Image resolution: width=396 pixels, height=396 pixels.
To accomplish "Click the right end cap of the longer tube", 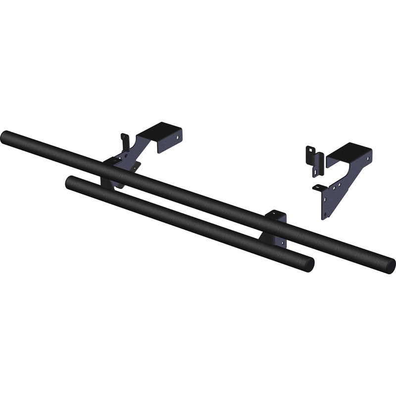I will [389, 266].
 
